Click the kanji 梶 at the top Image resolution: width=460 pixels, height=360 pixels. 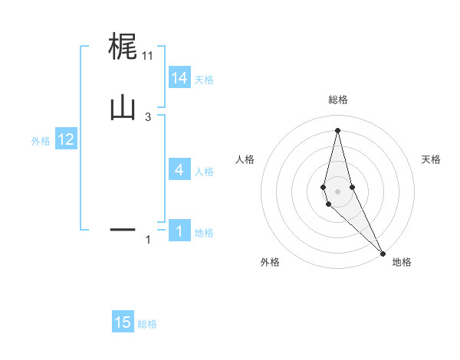pos(123,47)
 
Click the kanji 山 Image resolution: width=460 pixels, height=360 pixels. pos(123,107)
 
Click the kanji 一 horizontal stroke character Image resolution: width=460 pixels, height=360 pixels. pos(123,228)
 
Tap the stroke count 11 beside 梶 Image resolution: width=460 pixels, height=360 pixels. pos(148,55)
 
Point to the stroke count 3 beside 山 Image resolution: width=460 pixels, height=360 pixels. pos(148,116)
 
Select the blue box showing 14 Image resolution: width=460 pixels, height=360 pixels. pos(179,78)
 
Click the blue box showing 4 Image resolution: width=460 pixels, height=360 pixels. pos(179,170)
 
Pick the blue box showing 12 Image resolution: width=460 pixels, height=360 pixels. pos(66,139)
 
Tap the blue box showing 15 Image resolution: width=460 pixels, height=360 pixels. pos(123,322)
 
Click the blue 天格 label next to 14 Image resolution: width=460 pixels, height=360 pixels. pos(204,80)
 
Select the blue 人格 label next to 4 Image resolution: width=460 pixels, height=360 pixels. pos(204,172)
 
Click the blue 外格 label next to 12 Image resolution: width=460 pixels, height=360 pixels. pos(41,141)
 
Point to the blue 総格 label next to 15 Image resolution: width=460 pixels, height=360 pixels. pos(147,324)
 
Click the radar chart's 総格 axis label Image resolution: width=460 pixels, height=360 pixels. pos(337,100)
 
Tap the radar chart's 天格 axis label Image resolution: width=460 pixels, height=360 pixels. pos(431,159)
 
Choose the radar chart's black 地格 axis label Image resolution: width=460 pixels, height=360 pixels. pos(402,262)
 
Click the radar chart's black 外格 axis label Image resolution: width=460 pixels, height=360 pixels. pos(270,262)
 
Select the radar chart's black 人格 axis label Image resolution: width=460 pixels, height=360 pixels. pos(245,159)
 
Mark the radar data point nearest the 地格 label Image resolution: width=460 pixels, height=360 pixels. pos(383,253)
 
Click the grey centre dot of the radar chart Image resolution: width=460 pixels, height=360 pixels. pos(337,191)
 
